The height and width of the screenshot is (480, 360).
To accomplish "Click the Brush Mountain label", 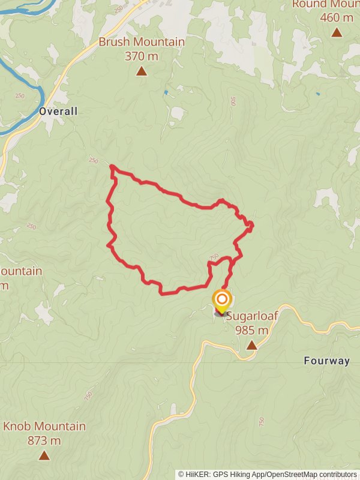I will coord(142,43).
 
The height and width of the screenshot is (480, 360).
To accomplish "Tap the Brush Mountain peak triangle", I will coord(142,71).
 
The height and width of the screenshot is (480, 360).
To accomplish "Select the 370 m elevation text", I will coord(142,56).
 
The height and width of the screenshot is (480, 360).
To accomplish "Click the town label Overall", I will coord(58,111).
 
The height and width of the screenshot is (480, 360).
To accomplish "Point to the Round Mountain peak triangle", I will coord(337,32).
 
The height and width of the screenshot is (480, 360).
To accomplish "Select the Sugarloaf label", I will coord(251,316).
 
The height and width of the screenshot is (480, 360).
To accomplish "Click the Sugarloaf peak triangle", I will coord(251,345).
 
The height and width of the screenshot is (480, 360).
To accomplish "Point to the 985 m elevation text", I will coord(251,330).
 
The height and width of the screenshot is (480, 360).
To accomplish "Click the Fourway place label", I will coord(326,361).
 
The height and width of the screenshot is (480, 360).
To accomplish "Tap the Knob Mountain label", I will coord(44,427).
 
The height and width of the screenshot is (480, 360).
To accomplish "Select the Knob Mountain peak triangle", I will coord(44,455).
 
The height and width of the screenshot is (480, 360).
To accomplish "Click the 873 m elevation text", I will coord(44,441).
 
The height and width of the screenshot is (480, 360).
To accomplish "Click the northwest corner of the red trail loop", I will coord(112,167).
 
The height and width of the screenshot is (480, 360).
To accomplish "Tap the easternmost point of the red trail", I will coord(252,226).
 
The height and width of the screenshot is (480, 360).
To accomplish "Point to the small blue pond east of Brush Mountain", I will coord(166,92).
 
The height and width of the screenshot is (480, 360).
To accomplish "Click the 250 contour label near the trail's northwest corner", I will coord(93,160).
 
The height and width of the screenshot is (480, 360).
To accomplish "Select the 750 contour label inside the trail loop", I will coord(214,257).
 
